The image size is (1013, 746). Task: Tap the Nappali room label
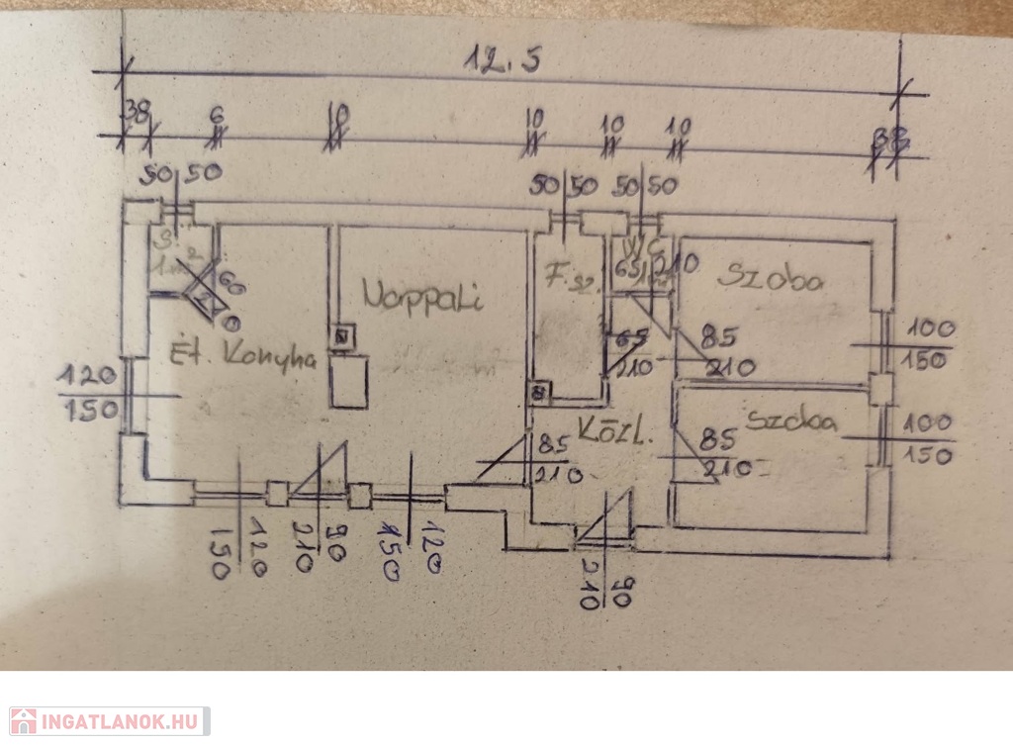(x=422, y=295)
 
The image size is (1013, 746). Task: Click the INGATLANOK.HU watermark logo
(x=108, y=720)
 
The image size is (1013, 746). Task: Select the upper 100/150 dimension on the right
(x=924, y=343)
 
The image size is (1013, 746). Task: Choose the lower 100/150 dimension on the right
(x=924, y=438)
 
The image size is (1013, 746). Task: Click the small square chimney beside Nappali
(x=342, y=337)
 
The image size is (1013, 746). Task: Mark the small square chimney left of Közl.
(x=539, y=393)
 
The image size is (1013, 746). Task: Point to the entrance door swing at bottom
(x=608, y=520)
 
